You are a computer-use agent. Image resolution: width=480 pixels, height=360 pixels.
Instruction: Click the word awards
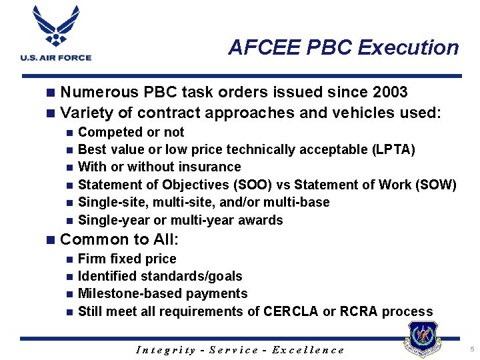[261, 220]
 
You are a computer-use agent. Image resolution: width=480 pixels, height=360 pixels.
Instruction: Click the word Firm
[93, 259]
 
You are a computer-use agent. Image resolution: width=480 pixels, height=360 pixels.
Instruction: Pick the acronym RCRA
[358, 311]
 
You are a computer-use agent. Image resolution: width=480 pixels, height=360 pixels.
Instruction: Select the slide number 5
[471, 349]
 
